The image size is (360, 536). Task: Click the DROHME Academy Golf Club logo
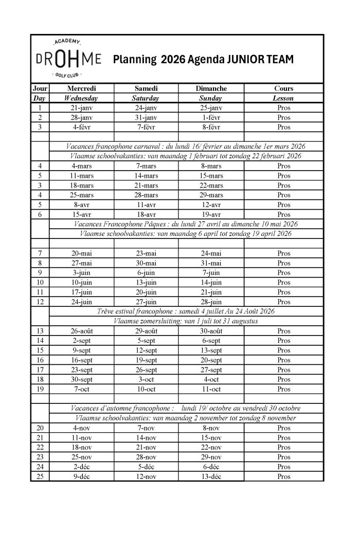coord(69,59)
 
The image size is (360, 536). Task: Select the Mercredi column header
coord(81,88)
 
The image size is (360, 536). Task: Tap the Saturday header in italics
coord(146,98)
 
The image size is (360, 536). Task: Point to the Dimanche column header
coord(211,88)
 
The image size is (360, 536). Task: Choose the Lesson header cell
coord(283,98)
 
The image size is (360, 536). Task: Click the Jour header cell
coord(40,88)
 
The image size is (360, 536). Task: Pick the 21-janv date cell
coord(81,108)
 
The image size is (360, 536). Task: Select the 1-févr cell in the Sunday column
coord(211,117)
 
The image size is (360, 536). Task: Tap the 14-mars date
coord(146,176)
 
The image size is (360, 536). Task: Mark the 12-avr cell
coord(211,205)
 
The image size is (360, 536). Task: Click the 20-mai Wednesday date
coord(81,253)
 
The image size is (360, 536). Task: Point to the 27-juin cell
coord(146,302)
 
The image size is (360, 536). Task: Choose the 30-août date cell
coord(211,331)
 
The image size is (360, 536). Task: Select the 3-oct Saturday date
coord(146,379)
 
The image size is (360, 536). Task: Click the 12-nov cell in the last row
coord(146,476)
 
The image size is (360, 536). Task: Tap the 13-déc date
coord(211,476)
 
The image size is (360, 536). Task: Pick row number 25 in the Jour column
coord(40,476)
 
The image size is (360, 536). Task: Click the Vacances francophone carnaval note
coord(186,146)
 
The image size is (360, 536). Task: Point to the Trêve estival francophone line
coord(186,311)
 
